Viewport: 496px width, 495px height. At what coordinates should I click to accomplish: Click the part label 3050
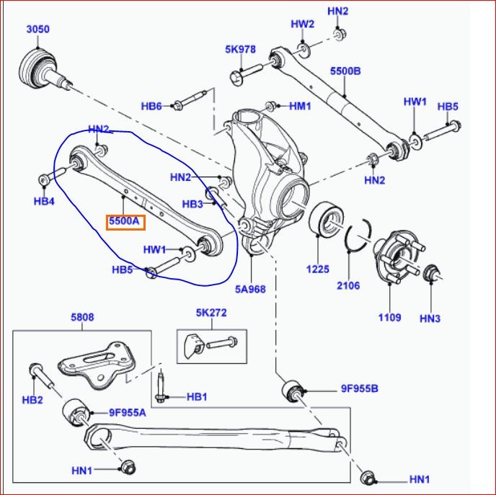tap(38, 30)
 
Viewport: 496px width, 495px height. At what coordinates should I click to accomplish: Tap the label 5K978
tap(240, 50)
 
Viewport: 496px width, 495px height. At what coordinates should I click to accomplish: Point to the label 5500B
tap(345, 71)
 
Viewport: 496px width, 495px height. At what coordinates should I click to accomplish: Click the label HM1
tap(300, 106)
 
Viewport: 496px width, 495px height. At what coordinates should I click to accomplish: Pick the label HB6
tap(151, 106)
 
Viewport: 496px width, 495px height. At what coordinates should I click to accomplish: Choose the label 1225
tap(317, 269)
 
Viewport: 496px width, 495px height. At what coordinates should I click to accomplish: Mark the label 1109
tap(390, 317)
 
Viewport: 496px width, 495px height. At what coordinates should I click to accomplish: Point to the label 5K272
tap(211, 313)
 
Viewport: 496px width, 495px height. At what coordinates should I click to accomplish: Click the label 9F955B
tap(360, 390)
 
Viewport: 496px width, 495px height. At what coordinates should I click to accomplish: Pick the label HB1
tap(196, 396)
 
